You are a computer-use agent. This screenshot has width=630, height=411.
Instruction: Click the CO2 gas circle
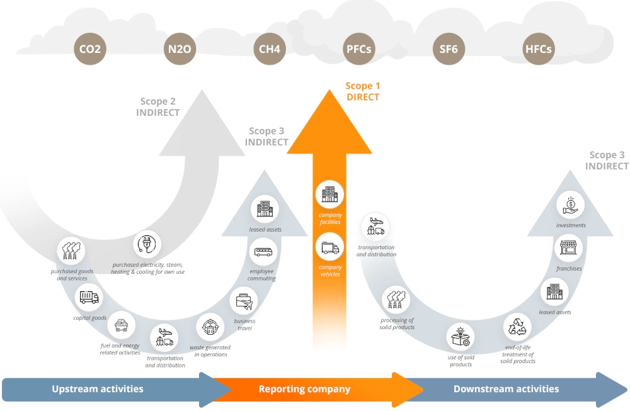pos(89,49)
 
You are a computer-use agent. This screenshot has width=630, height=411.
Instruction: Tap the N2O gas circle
pos(180,49)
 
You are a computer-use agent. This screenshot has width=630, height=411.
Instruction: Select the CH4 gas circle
pos(270,49)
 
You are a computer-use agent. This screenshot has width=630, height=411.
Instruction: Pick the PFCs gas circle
pos(359,49)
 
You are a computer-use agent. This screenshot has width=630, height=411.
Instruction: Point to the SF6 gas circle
pos(449,49)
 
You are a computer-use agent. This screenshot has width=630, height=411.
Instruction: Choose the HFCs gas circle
pos(539,49)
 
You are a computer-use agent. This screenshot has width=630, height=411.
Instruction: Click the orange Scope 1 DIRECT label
pos(363,91)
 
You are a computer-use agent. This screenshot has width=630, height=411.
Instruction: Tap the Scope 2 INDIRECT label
pos(158,107)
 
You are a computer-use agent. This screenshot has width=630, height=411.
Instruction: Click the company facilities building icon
pos(329,195)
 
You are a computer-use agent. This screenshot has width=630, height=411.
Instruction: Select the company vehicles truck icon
pos(329,247)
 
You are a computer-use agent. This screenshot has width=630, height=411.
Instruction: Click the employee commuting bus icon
pos(263,253)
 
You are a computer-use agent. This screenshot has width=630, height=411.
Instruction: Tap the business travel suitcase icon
pos(244,301)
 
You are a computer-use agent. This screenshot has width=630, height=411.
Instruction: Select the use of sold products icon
pos(461,337)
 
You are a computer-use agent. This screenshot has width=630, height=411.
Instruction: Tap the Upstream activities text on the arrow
pos(98,389)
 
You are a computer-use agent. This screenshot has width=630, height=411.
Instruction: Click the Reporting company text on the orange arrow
pos(304,389)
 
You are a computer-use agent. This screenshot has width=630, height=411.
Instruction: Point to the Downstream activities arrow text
pos(506,389)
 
